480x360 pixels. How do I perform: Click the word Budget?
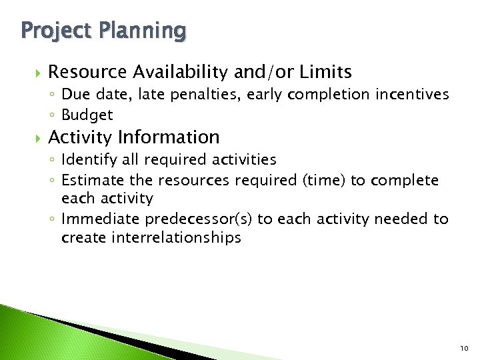tap(87, 115)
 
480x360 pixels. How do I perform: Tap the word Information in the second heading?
tap(169, 137)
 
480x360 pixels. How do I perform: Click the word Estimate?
tap(89, 180)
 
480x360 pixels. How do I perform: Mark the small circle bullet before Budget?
tap(54, 115)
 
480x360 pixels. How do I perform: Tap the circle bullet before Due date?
tap(54, 95)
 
